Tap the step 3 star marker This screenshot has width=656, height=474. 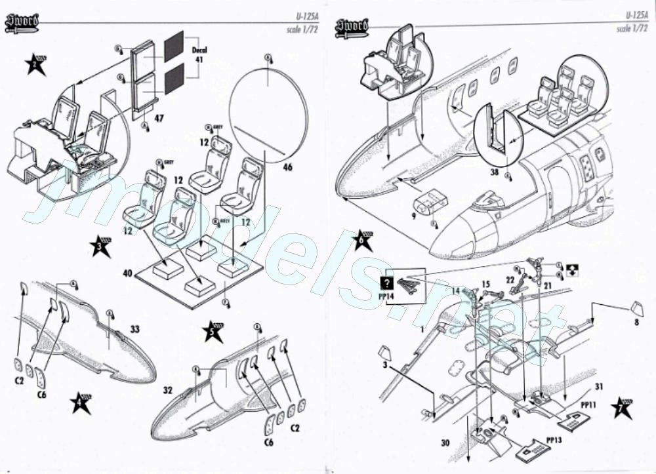[100, 246]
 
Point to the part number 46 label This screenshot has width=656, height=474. [287, 167]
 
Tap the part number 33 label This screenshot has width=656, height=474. [135, 329]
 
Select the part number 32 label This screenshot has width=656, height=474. [168, 390]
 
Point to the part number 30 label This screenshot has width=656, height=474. [445, 443]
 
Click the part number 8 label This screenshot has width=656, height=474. [635, 321]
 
